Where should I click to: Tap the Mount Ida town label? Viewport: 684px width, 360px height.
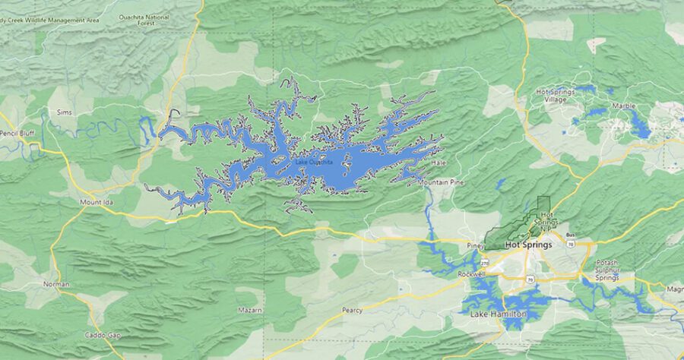[96, 203]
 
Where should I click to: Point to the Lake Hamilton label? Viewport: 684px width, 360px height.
[498, 314]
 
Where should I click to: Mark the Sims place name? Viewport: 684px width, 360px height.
[63, 112]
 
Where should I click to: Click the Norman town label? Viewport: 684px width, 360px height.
[55, 284]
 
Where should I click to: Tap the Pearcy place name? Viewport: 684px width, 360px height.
[352, 310]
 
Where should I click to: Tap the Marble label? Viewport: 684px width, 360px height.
[623, 106]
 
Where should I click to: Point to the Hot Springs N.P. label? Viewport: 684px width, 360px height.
[544, 221]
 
